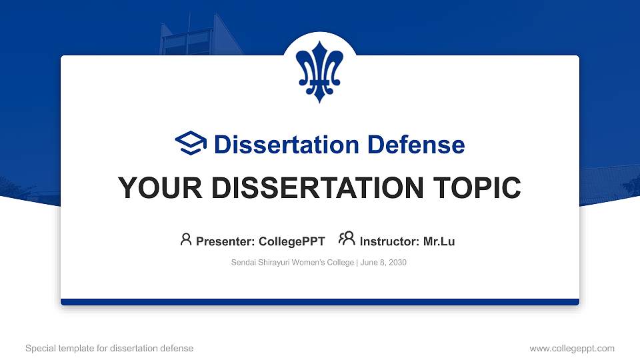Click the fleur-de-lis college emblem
[320, 71]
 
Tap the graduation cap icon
[191, 143]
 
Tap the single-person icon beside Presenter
[186, 239]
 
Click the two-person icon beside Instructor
[347, 239]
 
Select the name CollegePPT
[291, 241]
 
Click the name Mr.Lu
[439, 241]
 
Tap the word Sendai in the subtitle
[243, 263]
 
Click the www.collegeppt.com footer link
[572, 349]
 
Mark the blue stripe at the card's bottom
[320, 302]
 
